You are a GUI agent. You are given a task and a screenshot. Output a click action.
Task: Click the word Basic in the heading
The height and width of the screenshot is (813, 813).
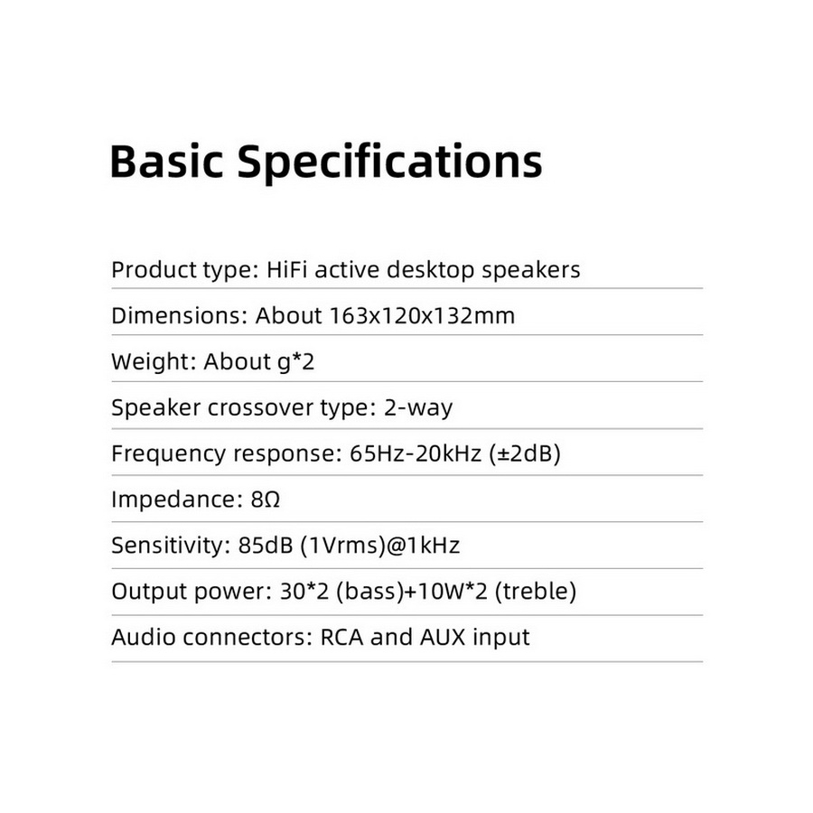click(x=166, y=162)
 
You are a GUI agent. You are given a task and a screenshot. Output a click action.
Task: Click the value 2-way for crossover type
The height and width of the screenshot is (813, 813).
click(x=417, y=408)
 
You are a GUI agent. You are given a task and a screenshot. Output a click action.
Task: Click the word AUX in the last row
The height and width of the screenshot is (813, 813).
click(x=442, y=638)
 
